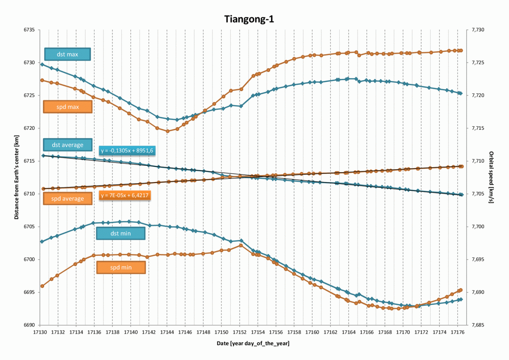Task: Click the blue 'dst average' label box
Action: [x=67, y=145]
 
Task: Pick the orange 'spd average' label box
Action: [x=67, y=198]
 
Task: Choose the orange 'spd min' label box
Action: [x=121, y=268]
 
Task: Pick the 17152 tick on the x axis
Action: [x=240, y=332]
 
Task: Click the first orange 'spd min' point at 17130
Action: [x=42, y=286]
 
